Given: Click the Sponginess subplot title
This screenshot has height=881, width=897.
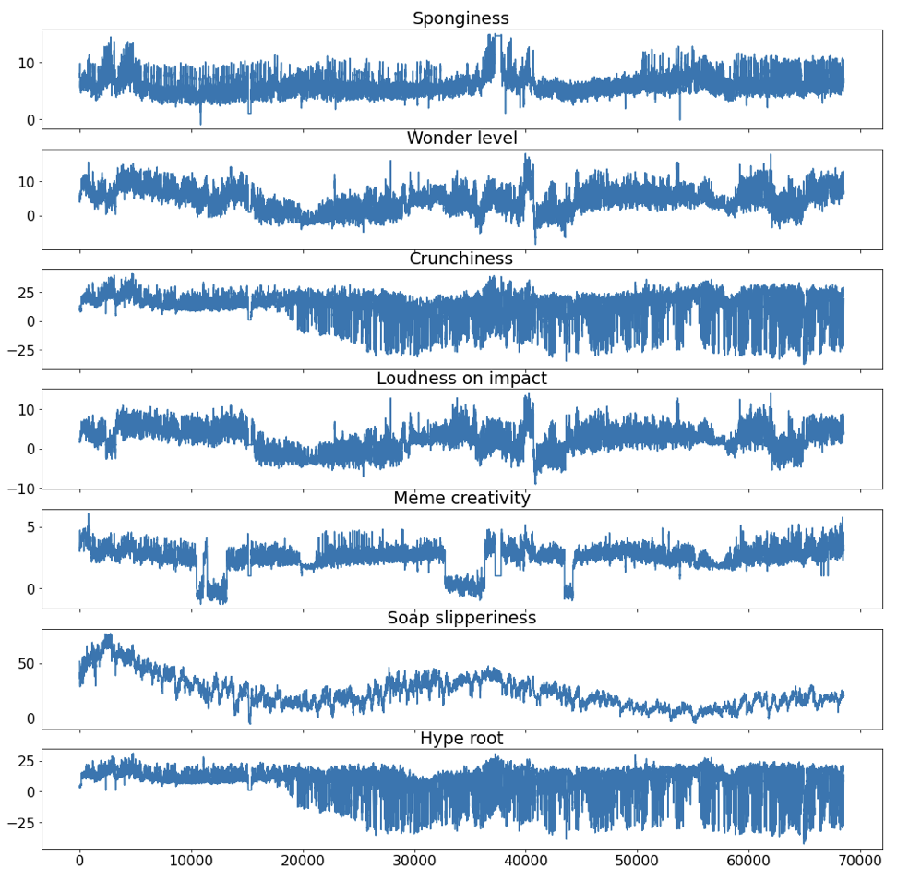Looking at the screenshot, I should click(460, 18).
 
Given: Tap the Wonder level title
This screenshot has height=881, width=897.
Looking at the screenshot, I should click(460, 139).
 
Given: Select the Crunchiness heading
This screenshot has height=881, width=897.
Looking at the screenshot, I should click(460, 259).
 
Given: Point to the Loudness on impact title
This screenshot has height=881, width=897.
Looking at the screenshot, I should click(460, 379).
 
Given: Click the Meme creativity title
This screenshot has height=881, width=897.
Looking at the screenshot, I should click(460, 499).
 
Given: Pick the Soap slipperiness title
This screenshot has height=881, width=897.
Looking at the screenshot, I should click(460, 619).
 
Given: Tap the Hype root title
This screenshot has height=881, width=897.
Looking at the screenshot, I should click(460, 739).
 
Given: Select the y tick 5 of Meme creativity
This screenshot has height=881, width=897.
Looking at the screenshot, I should click(28, 527).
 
